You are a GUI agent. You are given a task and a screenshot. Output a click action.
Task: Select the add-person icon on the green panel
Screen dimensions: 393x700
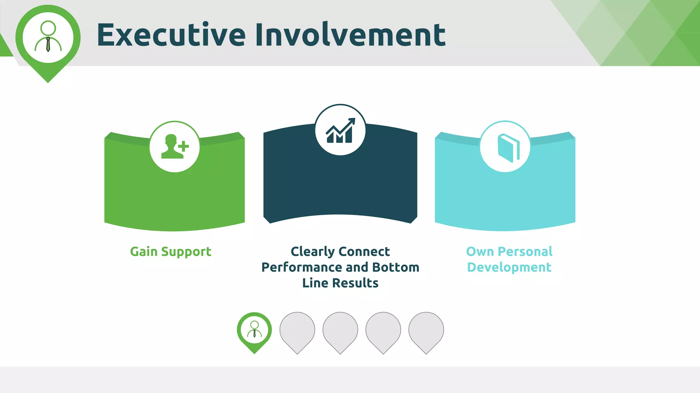(175, 147)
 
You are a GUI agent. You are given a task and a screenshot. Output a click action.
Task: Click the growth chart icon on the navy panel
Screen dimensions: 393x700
(340, 130)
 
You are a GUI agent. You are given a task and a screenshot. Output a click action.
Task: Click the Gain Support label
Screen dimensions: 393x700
(171, 252)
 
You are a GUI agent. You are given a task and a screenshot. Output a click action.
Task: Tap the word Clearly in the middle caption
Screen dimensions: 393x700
(312, 252)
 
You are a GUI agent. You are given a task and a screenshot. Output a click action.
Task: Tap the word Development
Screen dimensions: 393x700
(509, 267)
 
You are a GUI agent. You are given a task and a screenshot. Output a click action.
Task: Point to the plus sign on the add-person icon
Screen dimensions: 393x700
(184, 146)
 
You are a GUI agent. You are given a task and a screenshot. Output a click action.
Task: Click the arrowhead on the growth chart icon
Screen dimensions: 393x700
(352, 121)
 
